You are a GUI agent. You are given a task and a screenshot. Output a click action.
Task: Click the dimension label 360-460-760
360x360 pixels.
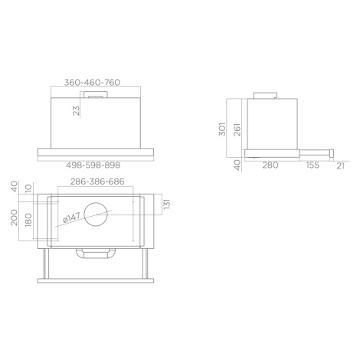click(92, 83)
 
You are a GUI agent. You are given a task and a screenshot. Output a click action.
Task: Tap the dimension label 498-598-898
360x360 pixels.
click(93, 165)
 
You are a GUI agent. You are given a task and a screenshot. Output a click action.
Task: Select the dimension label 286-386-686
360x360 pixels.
click(97, 182)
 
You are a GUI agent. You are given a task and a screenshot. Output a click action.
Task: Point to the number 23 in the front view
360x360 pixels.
click(76, 111)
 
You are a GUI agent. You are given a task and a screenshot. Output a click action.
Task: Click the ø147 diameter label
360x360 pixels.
click(72, 218)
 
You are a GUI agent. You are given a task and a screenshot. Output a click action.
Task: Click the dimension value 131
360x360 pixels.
click(167, 204)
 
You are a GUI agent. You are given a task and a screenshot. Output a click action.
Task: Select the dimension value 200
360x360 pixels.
click(14, 218)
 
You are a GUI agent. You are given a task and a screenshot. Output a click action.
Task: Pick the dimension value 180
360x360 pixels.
click(28, 220)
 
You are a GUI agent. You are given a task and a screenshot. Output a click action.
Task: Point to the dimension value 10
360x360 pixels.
click(28, 188)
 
